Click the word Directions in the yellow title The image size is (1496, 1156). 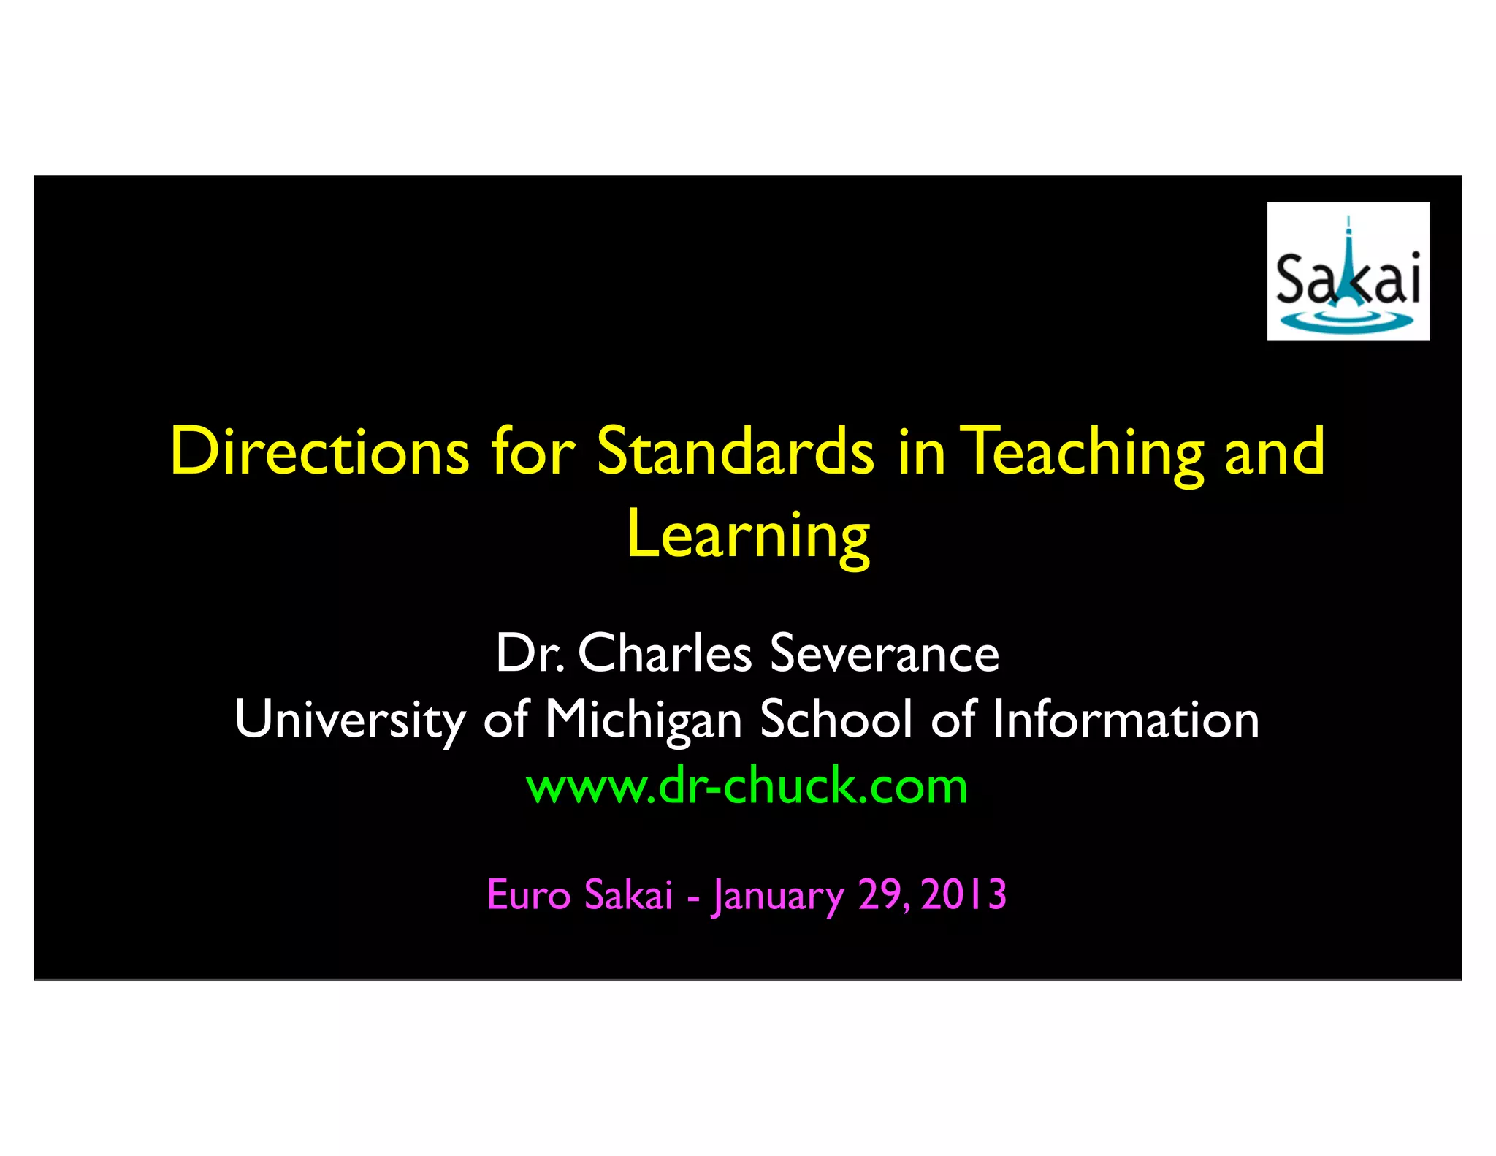click(x=319, y=452)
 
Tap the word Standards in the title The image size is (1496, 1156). click(x=735, y=452)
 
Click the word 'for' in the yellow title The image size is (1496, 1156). click(x=533, y=452)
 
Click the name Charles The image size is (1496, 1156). click(x=665, y=653)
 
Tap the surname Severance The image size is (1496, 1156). click(x=884, y=653)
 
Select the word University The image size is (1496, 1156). click(x=349, y=720)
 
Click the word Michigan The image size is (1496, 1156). click(x=643, y=720)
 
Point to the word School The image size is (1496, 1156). click(x=836, y=719)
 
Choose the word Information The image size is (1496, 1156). click(x=1125, y=719)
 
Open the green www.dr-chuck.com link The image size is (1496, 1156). click(x=747, y=786)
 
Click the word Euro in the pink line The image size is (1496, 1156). click(x=528, y=894)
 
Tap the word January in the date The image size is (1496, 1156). click(x=778, y=896)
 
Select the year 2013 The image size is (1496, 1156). click(x=963, y=894)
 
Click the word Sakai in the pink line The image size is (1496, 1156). click(x=628, y=894)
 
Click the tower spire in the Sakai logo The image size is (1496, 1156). click(x=1348, y=241)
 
